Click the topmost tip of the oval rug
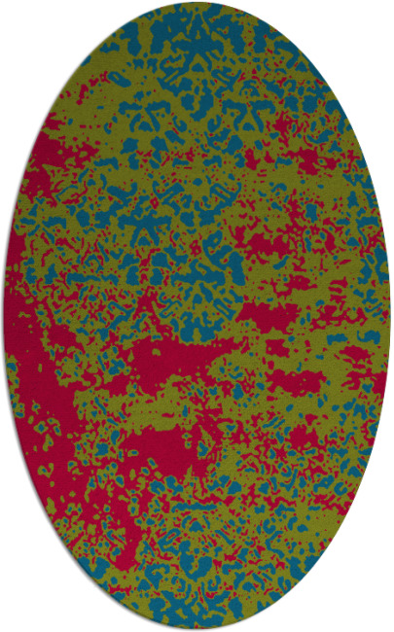tap(197, 3)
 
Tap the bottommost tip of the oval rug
tap(197, 629)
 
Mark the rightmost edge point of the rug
tap(390, 316)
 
